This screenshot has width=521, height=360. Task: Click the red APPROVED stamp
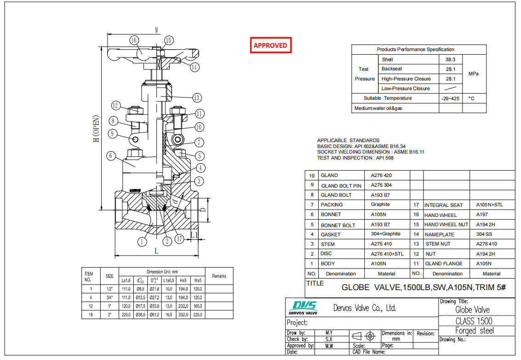[271, 45]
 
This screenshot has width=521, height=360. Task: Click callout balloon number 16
[134, 40]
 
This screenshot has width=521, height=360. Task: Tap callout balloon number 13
[197, 97]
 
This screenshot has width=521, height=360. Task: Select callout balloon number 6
[110, 156]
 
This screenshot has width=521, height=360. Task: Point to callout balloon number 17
[179, 239]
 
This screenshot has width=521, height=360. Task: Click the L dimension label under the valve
[156, 251]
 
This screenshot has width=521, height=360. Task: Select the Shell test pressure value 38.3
[450, 59]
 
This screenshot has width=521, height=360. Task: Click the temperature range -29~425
[450, 98]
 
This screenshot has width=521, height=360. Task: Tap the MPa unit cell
[474, 74]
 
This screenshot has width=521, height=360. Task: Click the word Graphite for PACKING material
[380, 205]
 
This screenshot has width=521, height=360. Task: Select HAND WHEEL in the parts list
[441, 215]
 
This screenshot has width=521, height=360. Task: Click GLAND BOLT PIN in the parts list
[341, 186]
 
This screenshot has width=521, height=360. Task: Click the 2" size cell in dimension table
[109, 314]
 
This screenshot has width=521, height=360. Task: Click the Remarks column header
[219, 276]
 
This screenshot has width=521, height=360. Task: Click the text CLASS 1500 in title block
[474, 321]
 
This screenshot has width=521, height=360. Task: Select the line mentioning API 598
[355, 158]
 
